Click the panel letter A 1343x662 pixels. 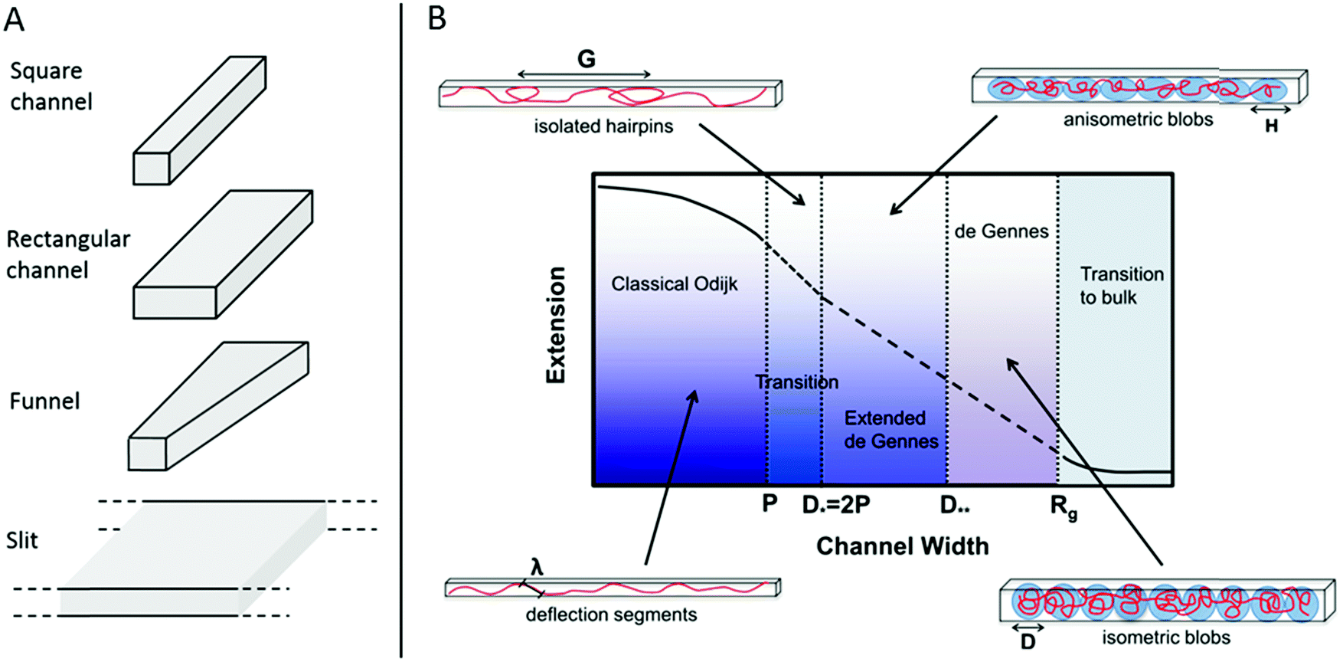(15, 18)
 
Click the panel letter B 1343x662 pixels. (436, 18)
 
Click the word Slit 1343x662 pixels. (22, 540)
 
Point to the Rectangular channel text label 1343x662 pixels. (67, 254)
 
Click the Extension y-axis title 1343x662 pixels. (556, 325)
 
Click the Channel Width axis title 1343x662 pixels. (902, 546)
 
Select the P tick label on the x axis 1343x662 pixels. (770, 503)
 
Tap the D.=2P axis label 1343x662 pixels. (835, 505)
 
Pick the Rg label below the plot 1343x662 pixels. (1064, 506)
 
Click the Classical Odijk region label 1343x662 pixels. (674, 284)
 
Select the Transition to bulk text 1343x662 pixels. (1121, 286)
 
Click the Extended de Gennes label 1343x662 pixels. (890, 430)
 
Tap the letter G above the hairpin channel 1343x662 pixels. (586, 59)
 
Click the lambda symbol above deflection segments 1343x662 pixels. (537, 567)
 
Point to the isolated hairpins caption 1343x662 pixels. (603, 126)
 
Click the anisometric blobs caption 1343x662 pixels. (1138, 120)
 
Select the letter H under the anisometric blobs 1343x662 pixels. (1271, 126)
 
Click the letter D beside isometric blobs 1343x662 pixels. (1028, 642)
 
